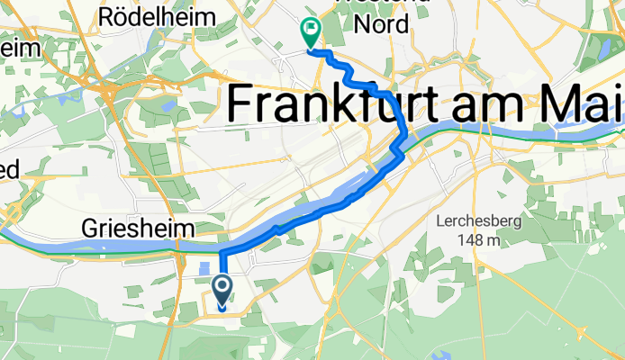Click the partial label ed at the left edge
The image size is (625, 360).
[x=8, y=169]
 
